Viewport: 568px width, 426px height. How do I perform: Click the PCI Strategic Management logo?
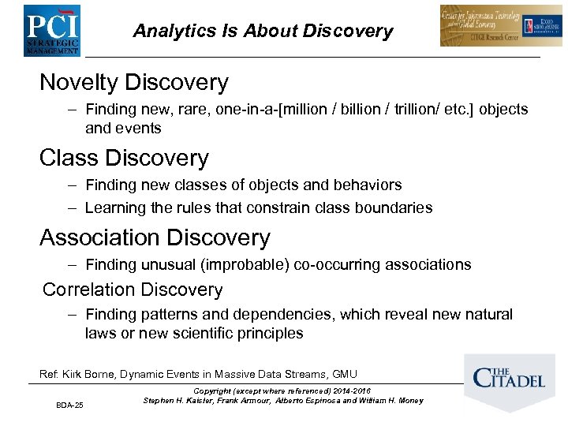(x=50, y=29)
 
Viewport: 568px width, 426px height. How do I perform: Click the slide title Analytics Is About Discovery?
(x=263, y=31)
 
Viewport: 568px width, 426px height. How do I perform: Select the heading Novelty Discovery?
(x=133, y=82)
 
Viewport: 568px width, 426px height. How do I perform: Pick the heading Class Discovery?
(x=124, y=158)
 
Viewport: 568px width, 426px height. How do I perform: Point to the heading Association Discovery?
(x=155, y=237)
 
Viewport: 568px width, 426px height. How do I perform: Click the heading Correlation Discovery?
(x=133, y=290)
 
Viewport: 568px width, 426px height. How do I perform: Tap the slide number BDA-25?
(x=69, y=405)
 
